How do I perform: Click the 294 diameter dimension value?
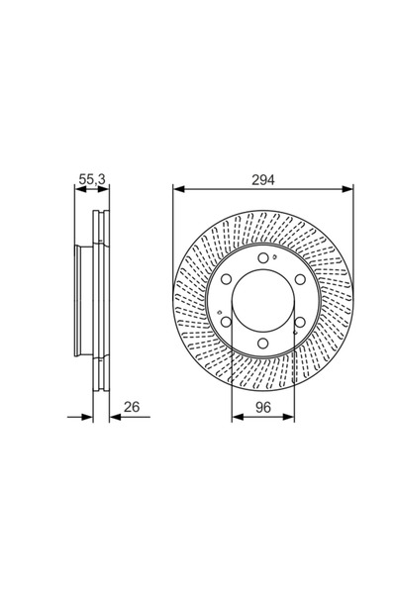(263, 180)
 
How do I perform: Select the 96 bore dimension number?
(263, 408)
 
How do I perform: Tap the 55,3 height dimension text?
(91, 179)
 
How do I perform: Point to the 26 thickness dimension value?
(132, 407)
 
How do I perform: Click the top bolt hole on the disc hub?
(263, 258)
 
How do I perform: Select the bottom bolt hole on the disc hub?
(263, 344)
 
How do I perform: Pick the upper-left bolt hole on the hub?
(227, 279)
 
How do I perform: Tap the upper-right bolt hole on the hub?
(300, 279)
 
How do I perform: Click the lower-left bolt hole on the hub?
(227, 323)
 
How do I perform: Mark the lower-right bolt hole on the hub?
(300, 323)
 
